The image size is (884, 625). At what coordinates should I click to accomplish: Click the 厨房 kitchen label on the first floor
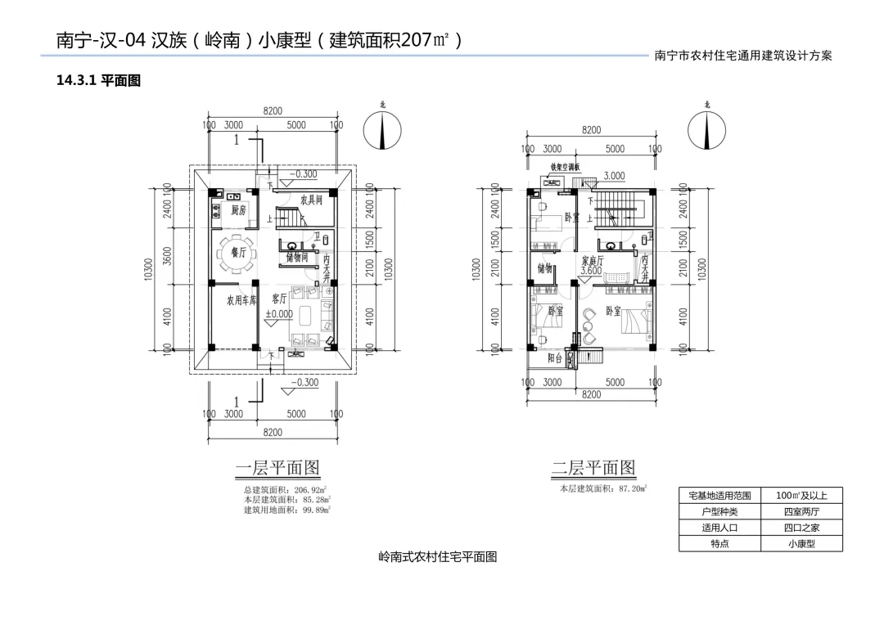point(238,210)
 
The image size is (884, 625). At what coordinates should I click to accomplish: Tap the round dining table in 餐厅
point(237,254)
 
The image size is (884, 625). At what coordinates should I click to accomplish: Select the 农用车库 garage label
point(241,300)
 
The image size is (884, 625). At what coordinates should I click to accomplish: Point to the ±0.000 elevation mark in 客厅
point(278,313)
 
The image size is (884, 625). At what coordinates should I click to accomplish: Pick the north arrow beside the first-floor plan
point(382,131)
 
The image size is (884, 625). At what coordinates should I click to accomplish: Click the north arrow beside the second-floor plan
point(706,129)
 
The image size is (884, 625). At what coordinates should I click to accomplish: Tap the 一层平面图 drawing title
point(277,468)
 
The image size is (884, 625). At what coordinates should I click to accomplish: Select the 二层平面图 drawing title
point(593,468)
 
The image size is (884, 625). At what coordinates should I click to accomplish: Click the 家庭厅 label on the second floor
point(593,260)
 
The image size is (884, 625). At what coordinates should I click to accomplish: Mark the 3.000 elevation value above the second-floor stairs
point(614,176)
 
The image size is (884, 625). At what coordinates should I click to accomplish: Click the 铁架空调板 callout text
point(565,167)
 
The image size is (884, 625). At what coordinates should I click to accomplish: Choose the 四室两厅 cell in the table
point(801,511)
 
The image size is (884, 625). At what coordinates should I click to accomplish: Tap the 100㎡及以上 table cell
point(801,495)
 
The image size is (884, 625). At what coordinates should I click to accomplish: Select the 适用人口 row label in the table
point(719,528)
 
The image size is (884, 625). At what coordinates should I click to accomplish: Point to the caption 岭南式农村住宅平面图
point(438,557)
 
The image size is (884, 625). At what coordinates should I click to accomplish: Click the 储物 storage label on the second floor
point(545,268)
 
